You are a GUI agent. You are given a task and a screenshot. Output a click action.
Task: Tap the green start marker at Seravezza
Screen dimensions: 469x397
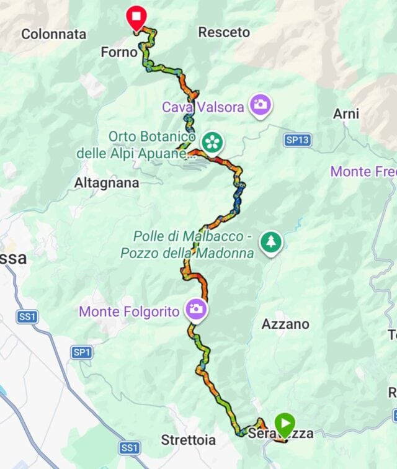285,425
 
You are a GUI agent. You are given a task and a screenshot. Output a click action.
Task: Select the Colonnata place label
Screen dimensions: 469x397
53,34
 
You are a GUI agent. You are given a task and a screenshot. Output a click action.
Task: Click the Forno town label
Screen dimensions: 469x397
118,53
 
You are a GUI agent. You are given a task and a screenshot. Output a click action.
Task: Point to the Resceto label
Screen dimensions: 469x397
224,32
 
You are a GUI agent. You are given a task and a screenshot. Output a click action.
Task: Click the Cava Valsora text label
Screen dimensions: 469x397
203,107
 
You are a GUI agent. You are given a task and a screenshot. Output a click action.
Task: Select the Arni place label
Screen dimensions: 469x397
346,114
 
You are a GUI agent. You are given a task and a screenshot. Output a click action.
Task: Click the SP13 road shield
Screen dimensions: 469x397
297,140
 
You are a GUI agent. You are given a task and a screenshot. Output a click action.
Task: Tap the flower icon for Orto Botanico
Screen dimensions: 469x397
212,142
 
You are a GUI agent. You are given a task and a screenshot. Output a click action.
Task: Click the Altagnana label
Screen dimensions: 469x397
107,183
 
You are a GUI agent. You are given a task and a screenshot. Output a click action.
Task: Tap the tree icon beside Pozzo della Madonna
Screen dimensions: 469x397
270,242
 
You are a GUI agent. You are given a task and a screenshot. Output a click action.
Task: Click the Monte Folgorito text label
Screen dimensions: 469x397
129,311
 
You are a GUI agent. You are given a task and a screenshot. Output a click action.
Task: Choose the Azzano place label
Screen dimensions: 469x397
285,324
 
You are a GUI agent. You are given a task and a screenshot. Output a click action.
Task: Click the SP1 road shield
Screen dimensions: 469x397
82,352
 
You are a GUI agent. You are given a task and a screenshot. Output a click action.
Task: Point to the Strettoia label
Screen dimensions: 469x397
188,440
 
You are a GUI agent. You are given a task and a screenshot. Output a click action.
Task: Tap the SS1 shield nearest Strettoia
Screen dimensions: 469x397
130,447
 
